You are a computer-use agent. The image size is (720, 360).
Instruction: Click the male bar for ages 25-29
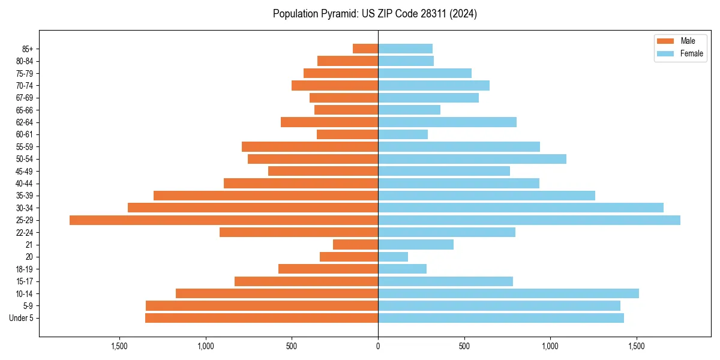coord(224,220)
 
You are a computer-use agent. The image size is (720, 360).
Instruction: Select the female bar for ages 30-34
coord(521,208)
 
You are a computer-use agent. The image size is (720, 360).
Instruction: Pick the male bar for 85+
coord(365,49)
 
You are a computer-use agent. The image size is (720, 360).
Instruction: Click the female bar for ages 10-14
coord(508,293)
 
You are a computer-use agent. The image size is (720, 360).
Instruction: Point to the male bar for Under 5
coord(262,318)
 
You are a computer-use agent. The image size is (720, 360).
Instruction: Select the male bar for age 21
coord(355,245)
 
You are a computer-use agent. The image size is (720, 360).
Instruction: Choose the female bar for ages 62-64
coord(447,122)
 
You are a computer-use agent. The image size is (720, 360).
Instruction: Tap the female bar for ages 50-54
coord(472,159)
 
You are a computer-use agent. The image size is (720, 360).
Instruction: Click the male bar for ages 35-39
coord(266,196)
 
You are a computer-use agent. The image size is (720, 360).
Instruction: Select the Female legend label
coord(692,53)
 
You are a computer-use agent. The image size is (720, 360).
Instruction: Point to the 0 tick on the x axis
coord(378,346)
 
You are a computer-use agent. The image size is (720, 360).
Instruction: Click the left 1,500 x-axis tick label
coord(119,346)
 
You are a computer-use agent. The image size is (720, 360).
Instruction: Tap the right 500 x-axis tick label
coord(464,346)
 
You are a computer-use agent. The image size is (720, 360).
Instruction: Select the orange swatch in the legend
coord(666,41)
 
